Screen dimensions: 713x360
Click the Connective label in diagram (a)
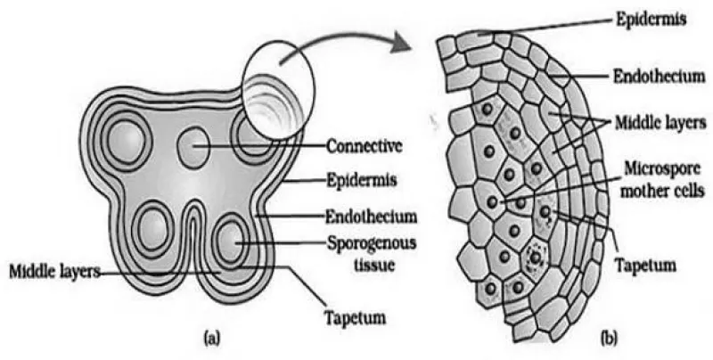coord(365,146)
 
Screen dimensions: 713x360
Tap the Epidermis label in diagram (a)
coord(362,181)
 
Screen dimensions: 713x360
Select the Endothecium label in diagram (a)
coord(371,216)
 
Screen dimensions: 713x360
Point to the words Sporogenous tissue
coord(372,253)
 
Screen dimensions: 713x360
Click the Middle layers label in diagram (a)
coord(55,272)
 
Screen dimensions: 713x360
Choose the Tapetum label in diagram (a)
coord(356,317)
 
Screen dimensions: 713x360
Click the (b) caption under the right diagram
coord(610,338)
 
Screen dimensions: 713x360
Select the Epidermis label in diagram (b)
coord(651,20)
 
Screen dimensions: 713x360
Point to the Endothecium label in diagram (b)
coord(659,76)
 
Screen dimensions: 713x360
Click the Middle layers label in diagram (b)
coord(660,122)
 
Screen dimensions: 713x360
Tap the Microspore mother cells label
coord(662,179)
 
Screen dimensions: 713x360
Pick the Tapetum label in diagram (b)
coord(645,264)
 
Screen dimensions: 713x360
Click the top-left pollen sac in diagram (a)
coord(126,140)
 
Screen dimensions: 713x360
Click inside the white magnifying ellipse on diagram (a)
coord(278,90)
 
